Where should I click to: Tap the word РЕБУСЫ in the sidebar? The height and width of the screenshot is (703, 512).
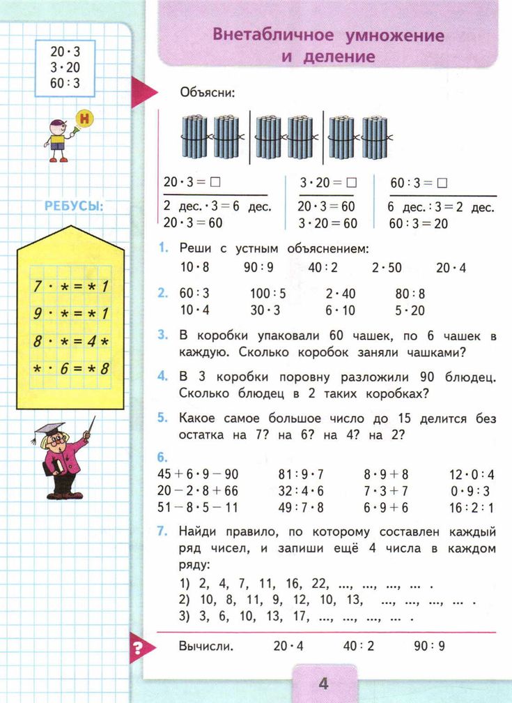pyautogui.click(x=74, y=206)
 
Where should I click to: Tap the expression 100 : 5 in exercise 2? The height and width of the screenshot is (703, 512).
pyautogui.click(x=268, y=294)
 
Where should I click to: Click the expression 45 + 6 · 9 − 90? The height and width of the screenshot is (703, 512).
pyautogui.click(x=198, y=475)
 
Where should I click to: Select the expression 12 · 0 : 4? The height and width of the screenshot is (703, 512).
pyautogui.click(x=472, y=475)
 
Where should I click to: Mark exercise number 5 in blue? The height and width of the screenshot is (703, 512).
pyautogui.click(x=162, y=418)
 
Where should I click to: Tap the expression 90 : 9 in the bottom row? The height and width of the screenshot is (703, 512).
pyautogui.click(x=428, y=646)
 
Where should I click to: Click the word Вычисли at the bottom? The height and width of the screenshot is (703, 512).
pyautogui.click(x=205, y=646)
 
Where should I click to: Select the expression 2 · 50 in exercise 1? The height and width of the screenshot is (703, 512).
pyautogui.click(x=387, y=267)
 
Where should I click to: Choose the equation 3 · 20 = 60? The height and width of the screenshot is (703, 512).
pyautogui.click(x=327, y=224)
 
